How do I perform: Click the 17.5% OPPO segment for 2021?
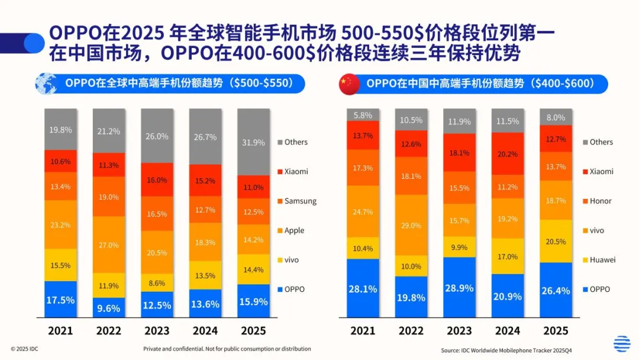click(60, 300)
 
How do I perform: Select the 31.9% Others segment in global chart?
click(253, 142)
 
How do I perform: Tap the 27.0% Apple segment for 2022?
click(108, 245)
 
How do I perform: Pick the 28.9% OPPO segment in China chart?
click(459, 288)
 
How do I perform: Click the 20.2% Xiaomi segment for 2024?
click(508, 154)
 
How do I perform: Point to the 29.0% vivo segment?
click(411, 225)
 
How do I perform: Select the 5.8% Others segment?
click(363, 115)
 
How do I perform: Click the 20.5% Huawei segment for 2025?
click(556, 241)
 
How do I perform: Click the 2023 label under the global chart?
click(157, 330)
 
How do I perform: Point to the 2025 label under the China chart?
click(556, 330)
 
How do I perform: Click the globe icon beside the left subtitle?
click(46, 84)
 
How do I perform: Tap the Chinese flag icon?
click(349, 84)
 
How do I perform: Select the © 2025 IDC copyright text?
click(24, 349)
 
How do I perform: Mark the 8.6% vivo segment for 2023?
click(157, 283)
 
